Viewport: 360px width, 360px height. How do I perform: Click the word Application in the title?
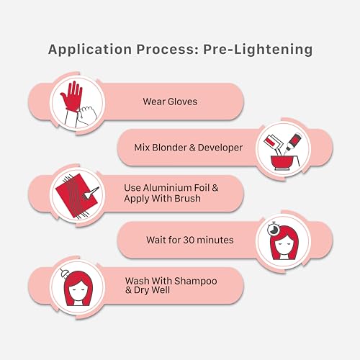pos(90,50)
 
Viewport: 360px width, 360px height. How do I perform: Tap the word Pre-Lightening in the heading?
pos(258,50)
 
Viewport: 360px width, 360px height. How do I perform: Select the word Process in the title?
pos(168,49)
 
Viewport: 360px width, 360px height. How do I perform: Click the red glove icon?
pos(71,96)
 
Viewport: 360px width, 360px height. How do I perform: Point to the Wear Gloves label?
pos(170,102)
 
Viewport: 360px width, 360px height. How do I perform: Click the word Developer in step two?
pos(220,148)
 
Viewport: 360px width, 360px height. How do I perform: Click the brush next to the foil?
pos(90,193)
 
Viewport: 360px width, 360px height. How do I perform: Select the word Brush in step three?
pos(187,199)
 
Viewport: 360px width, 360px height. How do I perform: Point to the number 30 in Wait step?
pos(189,240)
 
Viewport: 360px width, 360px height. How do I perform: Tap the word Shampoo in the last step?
pos(196,282)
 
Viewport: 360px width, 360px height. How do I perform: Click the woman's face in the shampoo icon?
pos(77,290)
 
